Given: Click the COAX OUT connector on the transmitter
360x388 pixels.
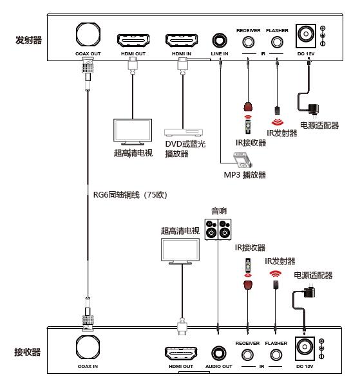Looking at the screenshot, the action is point(88,34).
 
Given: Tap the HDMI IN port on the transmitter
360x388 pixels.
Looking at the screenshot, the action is point(182,41).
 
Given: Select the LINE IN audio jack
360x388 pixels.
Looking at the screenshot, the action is point(220,41).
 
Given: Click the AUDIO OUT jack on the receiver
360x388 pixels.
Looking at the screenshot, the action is point(219,353).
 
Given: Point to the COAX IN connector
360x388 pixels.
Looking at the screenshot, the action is point(88,347).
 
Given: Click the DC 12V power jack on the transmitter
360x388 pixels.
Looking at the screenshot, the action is point(306,36).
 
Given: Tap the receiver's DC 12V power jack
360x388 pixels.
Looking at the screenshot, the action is point(305,348).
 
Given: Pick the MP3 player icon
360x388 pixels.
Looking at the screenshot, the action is point(243,160).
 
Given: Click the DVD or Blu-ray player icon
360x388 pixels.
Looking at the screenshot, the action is point(184,133).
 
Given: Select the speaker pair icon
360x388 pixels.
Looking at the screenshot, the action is point(218,229).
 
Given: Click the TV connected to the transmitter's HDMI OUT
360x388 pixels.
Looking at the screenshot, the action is point(133,132).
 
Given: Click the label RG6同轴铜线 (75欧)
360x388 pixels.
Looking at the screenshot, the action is point(131,195).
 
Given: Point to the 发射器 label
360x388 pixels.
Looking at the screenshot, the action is point(29,40).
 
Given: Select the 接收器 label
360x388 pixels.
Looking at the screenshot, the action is point(27,352).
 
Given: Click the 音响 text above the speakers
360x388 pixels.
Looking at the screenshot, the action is point(219,211).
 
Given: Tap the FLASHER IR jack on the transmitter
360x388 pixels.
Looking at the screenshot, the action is point(277,42).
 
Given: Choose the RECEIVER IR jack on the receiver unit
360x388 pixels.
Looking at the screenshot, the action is point(247,355).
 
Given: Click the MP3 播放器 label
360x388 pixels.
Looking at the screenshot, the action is point(245,175).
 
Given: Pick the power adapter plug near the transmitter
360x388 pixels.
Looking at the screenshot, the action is point(313,109).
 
